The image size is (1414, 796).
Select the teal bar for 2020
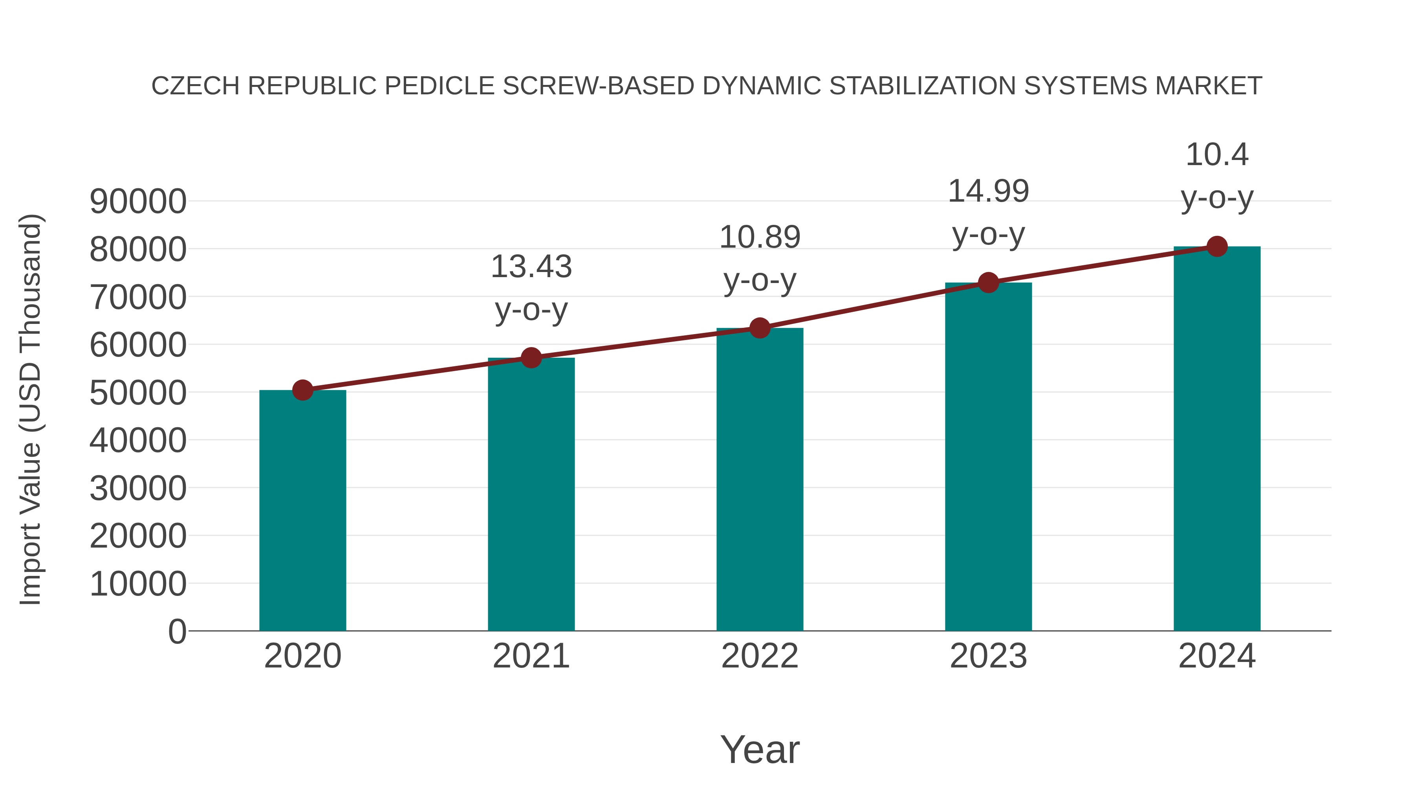[302, 511]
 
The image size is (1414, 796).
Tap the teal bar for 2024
[1217, 439]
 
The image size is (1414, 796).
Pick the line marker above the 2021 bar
[531, 358]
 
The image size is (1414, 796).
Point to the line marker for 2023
[988, 283]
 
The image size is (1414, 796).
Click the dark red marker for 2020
[302, 391]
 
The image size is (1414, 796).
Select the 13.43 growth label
[531, 267]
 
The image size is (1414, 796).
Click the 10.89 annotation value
[760, 237]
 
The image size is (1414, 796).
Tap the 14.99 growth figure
[988, 192]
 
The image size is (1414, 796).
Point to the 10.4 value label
[1217, 155]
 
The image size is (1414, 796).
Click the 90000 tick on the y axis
[138, 202]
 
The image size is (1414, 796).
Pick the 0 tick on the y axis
[177, 632]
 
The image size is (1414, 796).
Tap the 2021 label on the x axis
[531, 656]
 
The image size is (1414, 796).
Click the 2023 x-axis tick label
[988, 656]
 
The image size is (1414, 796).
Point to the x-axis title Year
[760, 750]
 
